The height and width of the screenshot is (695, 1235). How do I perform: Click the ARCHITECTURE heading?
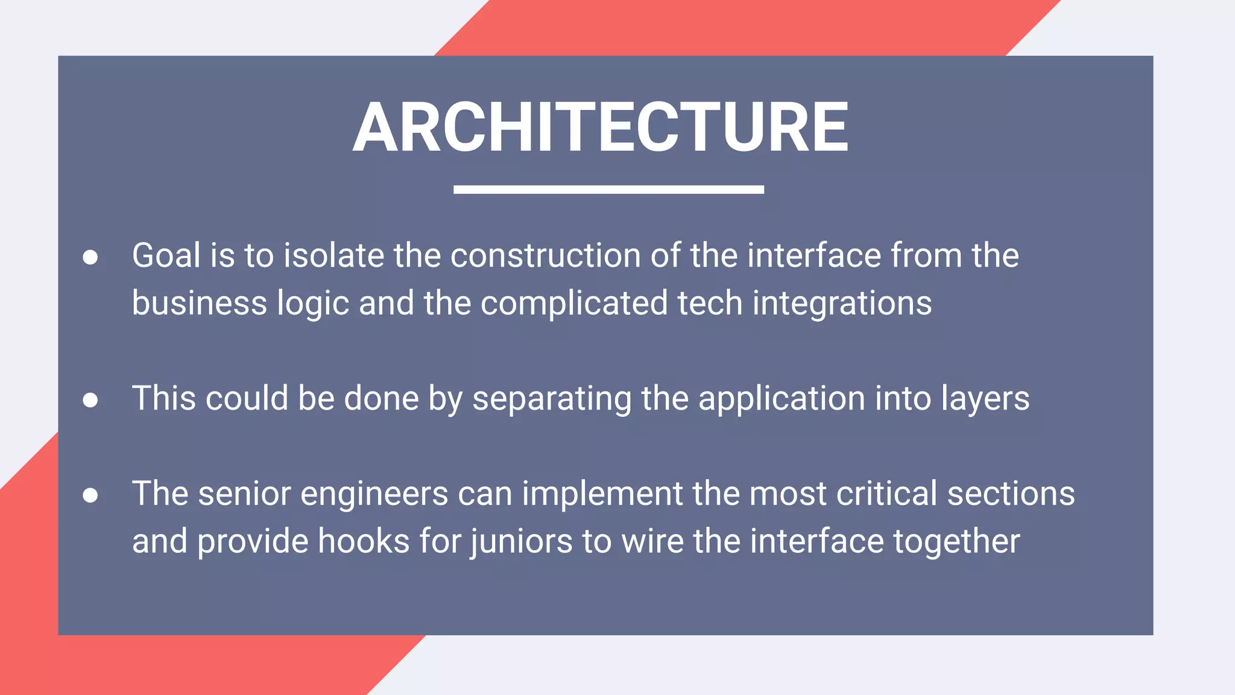click(x=601, y=127)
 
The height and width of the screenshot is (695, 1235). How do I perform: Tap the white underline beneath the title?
click(x=608, y=189)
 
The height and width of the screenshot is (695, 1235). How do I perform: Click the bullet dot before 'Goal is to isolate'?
click(x=90, y=258)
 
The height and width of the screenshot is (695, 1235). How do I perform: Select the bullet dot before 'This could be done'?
click(x=90, y=400)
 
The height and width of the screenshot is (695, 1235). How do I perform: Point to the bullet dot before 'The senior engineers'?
click(x=90, y=495)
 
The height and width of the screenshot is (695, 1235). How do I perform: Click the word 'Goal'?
click(x=166, y=256)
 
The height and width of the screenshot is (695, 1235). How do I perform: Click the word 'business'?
click(x=199, y=303)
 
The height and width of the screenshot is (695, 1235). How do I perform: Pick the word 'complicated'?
click(x=573, y=303)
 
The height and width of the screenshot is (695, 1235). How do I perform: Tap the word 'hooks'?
click(x=364, y=541)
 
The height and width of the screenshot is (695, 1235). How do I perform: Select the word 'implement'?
click(x=602, y=494)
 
